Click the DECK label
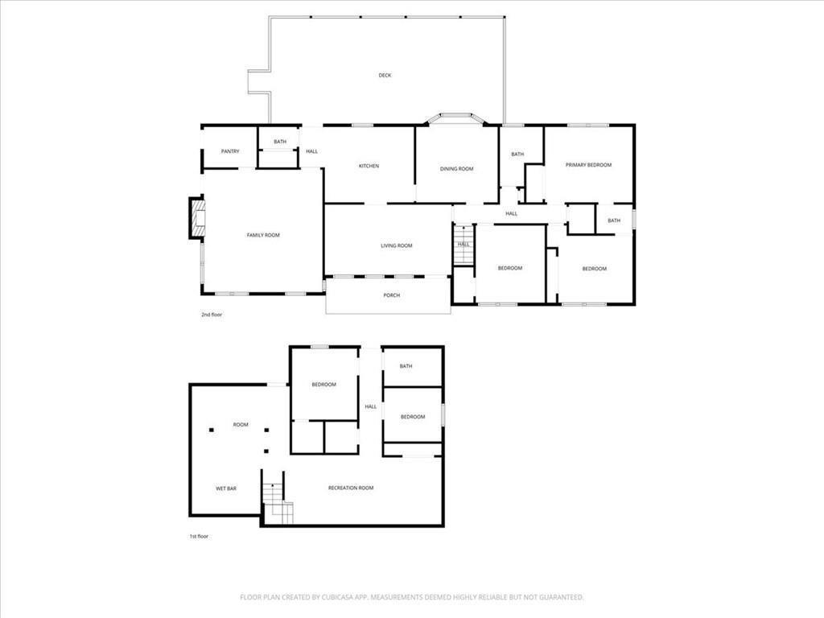[385, 76]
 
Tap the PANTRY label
[230, 151]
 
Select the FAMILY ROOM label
[262, 235]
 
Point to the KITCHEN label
[369, 167]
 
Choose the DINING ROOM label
[456, 169]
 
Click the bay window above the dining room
[455, 118]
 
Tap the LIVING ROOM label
[396, 246]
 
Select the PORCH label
[391, 295]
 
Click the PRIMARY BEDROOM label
[588, 165]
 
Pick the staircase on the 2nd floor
[463, 252]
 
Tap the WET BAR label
[225, 488]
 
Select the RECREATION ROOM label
[351, 488]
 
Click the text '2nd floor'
[212, 315]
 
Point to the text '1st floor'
[198, 536]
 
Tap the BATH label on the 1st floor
[406, 366]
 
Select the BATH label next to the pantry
[279, 142]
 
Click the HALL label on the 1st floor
[370, 406]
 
